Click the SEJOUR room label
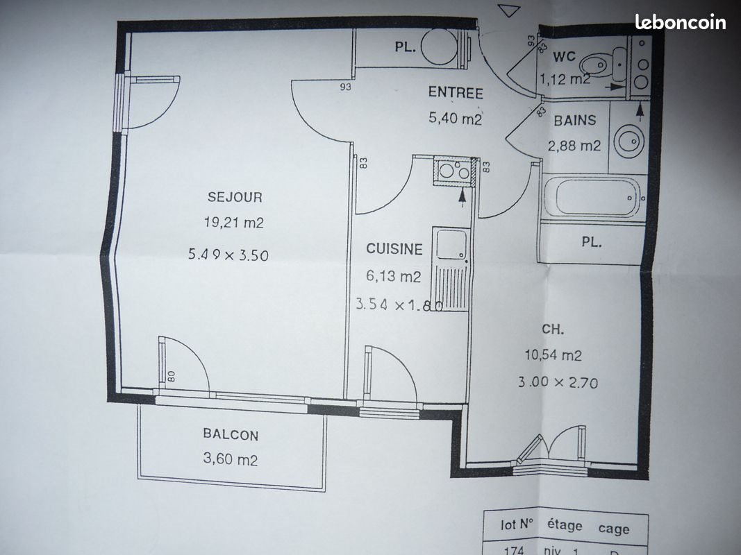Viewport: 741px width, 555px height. pos(235,197)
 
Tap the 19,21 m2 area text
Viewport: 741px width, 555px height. pos(234,222)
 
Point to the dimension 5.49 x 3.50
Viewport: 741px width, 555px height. pos(228,255)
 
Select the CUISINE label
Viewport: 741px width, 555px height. pos(394,249)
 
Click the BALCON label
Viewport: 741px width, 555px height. pos(231,434)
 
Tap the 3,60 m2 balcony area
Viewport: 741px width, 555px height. pos(230,459)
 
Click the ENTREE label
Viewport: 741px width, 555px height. pos(456,92)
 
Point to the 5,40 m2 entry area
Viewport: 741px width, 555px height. pos(455,117)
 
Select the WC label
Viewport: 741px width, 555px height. pos(564,57)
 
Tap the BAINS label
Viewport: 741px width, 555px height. pos(574,120)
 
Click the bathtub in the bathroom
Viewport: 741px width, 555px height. pos(592,197)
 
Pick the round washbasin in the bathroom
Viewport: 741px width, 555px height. pos(629,141)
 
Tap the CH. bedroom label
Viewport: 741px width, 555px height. pos(552,329)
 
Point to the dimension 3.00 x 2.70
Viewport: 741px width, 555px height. pos(558,382)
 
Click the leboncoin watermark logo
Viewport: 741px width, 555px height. pos(680,22)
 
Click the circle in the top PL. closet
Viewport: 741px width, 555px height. pos(439,46)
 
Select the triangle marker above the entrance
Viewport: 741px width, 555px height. pos(509,10)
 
